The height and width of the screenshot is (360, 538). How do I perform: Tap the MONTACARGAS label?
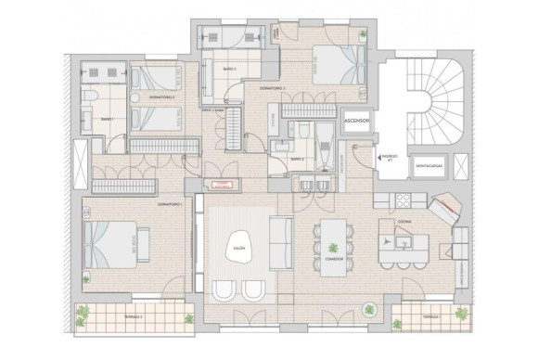(428, 166)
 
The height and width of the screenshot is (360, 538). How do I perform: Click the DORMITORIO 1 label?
(169, 204)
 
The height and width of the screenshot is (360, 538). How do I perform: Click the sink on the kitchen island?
(403, 243)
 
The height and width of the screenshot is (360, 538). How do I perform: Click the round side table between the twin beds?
(135, 96)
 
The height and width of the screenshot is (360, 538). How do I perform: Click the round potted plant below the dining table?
(371, 307)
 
